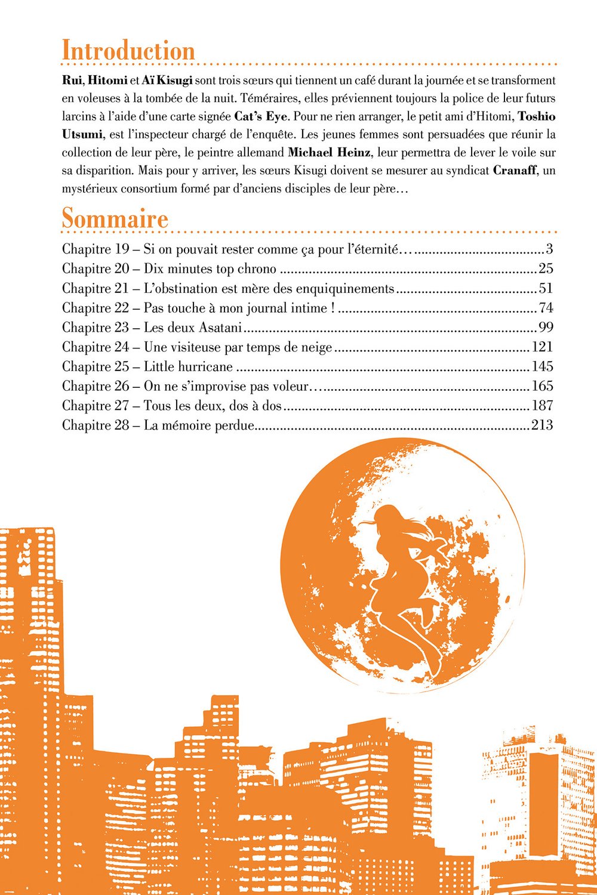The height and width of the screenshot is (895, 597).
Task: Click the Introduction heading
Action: [128, 51]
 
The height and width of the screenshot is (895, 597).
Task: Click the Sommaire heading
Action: [115, 218]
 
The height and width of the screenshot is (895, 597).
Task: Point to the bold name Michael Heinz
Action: [328, 152]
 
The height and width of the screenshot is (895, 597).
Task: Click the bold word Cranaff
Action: [517, 170]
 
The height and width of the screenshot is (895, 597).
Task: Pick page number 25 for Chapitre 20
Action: [546, 268]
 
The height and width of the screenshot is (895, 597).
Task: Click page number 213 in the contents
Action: [541, 425]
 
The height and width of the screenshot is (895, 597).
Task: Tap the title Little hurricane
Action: [188, 366]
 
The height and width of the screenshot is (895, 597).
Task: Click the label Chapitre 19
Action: [96, 249]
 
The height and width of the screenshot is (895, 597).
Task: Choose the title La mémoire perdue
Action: [199, 425]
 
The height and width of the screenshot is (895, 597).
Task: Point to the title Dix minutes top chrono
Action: [210, 268]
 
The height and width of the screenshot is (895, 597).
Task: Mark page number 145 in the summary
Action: [542, 366]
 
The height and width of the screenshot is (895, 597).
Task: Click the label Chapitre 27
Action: [96, 406]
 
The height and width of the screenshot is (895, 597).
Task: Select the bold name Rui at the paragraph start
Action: [72, 80]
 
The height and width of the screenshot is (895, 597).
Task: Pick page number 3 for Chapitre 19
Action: [549, 249]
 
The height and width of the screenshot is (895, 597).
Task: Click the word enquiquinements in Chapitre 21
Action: [346, 289]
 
